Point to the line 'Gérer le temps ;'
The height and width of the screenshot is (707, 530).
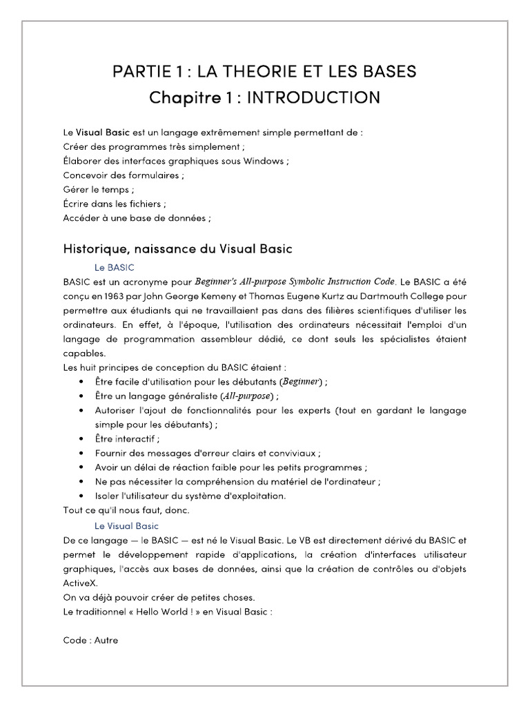[99, 190]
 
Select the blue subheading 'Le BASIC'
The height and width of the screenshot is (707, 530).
[114, 267]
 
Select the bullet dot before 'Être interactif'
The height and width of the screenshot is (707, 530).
[83, 438]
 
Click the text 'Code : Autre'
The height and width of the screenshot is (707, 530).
[90, 640]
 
